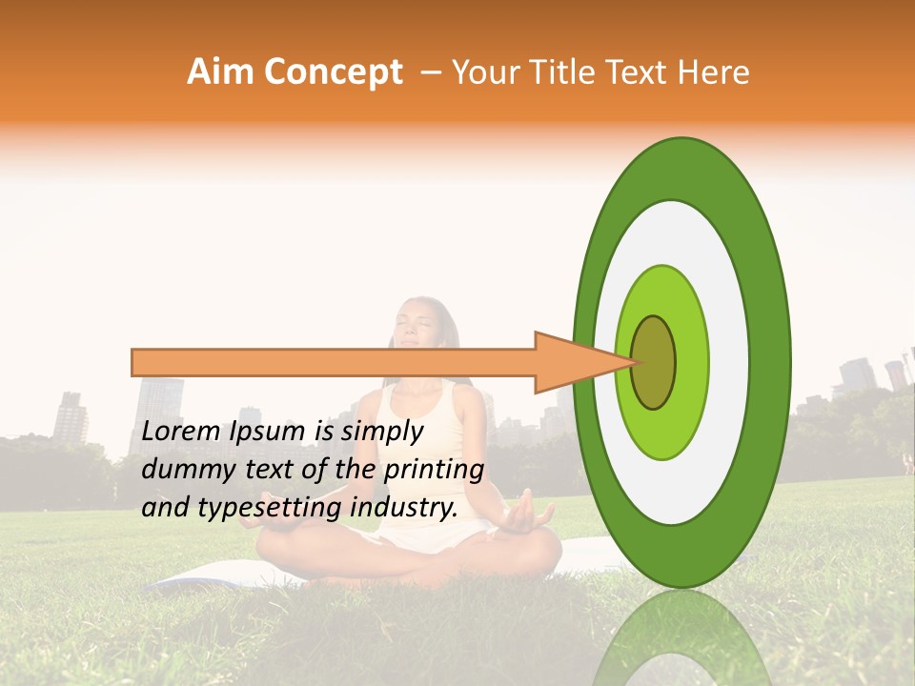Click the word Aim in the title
[218, 72]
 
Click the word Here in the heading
[715, 72]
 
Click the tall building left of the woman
[160, 410]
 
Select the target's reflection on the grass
[681, 638]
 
